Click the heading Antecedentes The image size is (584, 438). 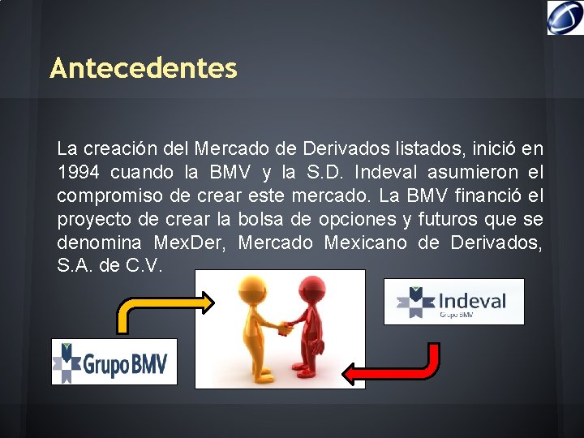[x=144, y=68]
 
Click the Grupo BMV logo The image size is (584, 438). [x=114, y=361]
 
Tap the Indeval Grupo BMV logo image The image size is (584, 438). [x=453, y=302]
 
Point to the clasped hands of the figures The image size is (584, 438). [x=284, y=328]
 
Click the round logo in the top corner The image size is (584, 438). [x=565, y=17]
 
